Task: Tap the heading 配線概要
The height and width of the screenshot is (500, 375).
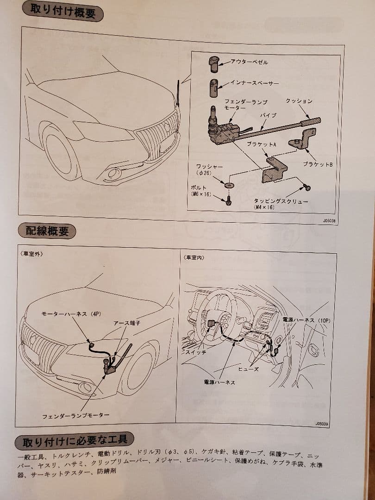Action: tap(46, 230)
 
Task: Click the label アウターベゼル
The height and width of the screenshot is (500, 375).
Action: tap(250, 61)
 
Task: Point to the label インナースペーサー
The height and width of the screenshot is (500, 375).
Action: tap(255, 83)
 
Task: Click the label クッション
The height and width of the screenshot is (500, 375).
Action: tap(299, 101)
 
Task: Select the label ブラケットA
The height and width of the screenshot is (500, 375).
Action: tap(262, 144)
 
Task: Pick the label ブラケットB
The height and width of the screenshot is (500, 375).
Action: tap(318, 164)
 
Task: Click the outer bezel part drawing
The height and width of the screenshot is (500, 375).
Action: tap(213, 63)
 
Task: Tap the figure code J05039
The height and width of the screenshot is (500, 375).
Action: tap(322, 423)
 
